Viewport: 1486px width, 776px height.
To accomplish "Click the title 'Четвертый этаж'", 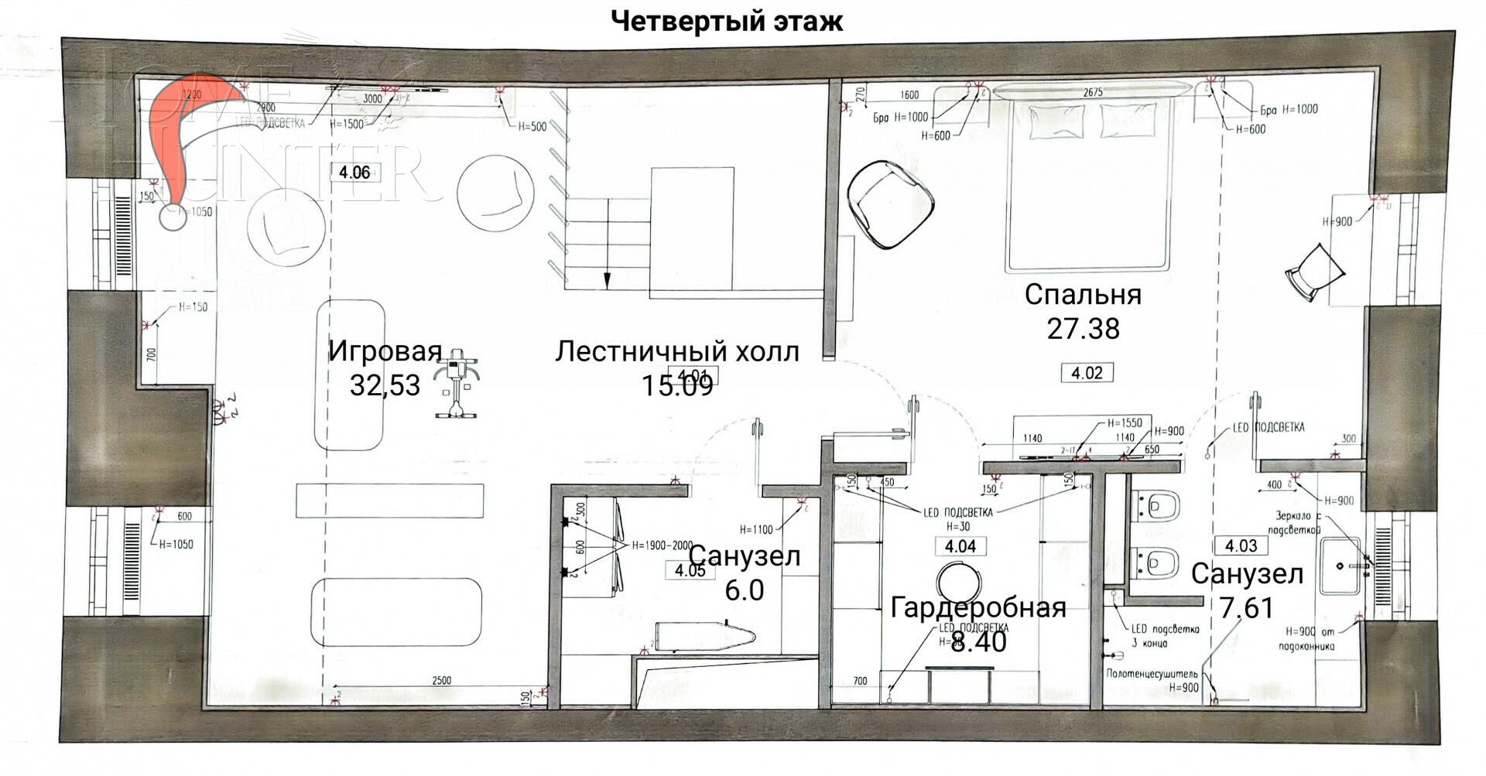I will [x=727, y=21].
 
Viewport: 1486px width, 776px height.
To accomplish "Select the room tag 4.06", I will [x=354, y=172].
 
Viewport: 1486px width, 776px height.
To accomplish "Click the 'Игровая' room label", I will [x=385, y=350].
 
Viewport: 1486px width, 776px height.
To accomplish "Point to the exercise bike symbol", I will [x=456, y=382].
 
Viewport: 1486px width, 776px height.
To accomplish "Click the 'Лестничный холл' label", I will [x=676, y=351].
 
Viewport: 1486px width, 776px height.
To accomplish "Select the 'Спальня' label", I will [x=1083, y=295].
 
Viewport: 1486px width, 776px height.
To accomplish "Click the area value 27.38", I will [x=1083, y=329].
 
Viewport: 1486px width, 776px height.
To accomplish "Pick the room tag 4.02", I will [x=1087, y=373].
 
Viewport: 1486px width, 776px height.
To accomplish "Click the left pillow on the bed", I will [x=1056, y=122].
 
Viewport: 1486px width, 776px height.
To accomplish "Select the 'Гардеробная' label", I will [x=978, y=607].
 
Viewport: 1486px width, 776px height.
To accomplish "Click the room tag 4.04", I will [x=960, y=546].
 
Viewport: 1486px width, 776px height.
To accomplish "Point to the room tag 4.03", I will [x=1241, y=545].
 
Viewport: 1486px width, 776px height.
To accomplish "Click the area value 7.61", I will [x=1246, y=608].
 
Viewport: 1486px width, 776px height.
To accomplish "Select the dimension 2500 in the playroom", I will [x=440, y=681].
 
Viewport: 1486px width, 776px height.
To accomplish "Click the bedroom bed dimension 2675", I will [x=1092, y=92].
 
